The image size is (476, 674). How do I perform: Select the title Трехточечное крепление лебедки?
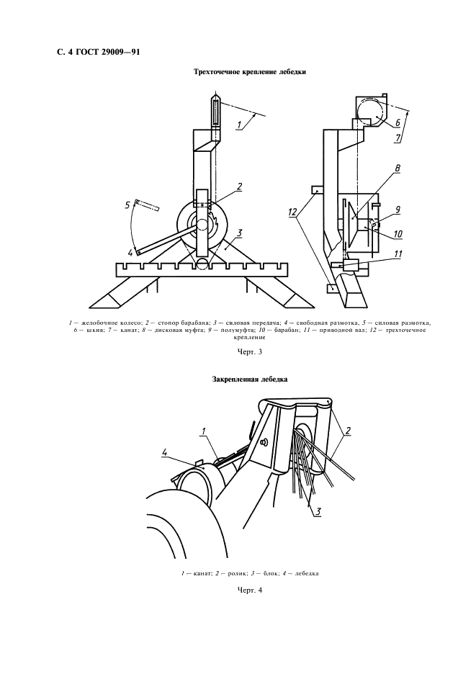(250, 72)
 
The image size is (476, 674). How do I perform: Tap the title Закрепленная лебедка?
(250, 379)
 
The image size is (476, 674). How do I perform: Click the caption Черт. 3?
(250, 351)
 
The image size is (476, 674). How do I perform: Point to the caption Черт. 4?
(250, 590)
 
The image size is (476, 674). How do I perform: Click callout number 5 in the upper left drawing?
(127, 205)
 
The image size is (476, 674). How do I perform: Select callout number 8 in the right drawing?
(397, 169)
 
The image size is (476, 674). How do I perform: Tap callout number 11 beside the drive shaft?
(398, 254)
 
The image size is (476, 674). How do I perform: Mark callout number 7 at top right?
(398, 139)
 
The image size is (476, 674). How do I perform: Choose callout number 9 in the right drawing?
(398, 210)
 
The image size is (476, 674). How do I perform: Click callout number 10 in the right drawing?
(398, 234)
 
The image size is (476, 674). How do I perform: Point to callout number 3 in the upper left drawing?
(240, 233)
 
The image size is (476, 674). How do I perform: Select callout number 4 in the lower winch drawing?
(165, 452)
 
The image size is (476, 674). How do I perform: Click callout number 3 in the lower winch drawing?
(318, 511)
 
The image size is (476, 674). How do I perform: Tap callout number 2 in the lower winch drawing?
(348, 431)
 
